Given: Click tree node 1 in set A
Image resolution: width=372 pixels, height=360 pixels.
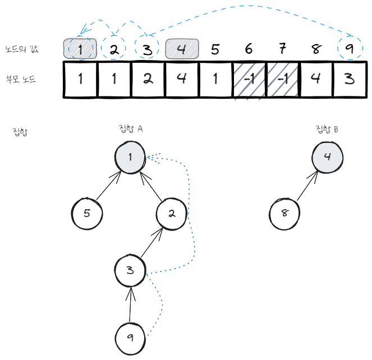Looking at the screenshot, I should tap(130, 156).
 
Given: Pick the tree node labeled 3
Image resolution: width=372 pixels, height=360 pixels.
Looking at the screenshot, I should tap(130, 271).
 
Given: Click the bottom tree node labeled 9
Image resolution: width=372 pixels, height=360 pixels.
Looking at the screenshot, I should tap(130, 338).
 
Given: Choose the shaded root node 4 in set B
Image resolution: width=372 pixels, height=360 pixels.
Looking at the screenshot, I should tap(327, 156).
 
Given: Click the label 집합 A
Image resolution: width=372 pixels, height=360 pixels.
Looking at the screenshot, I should tap(131, 128).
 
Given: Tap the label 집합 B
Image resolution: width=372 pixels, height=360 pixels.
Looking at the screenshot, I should tap(327, 130).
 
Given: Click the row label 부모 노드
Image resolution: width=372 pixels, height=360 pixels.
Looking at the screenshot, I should tap(21, 80).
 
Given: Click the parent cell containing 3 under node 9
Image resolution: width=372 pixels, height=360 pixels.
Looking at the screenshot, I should tap(350, 80).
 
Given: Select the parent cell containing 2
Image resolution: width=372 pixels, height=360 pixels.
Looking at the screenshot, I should tap(148, 80).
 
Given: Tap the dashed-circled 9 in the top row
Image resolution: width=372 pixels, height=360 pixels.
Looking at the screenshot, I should tap(350, 49).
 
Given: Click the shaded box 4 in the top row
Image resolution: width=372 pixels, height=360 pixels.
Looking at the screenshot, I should tap(182, 49).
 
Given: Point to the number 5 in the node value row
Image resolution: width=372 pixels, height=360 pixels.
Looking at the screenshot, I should tap(215, 49).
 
